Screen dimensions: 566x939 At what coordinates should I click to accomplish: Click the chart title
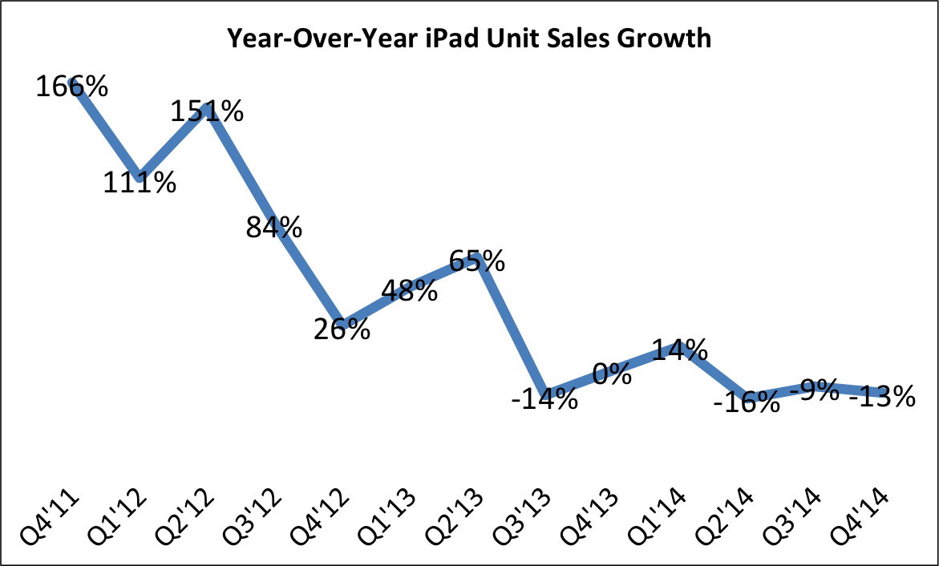[x=469, y=38]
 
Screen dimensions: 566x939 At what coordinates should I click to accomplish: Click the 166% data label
[x=71, y=87]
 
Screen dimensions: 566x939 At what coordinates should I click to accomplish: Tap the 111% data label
[x=140, y=184]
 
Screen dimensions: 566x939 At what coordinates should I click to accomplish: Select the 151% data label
[x=208, y=111]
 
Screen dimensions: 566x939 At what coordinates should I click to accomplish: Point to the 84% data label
[x=274, y=228]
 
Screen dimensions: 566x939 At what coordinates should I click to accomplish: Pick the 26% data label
[x=342, y=329]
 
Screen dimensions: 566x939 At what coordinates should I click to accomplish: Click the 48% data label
[x=409, y=290]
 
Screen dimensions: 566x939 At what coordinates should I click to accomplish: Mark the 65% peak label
[x=476, y=261]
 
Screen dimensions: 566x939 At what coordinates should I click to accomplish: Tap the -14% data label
[x=544, y=398]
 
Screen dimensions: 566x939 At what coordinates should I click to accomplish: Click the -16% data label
[x=747, y=402]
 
